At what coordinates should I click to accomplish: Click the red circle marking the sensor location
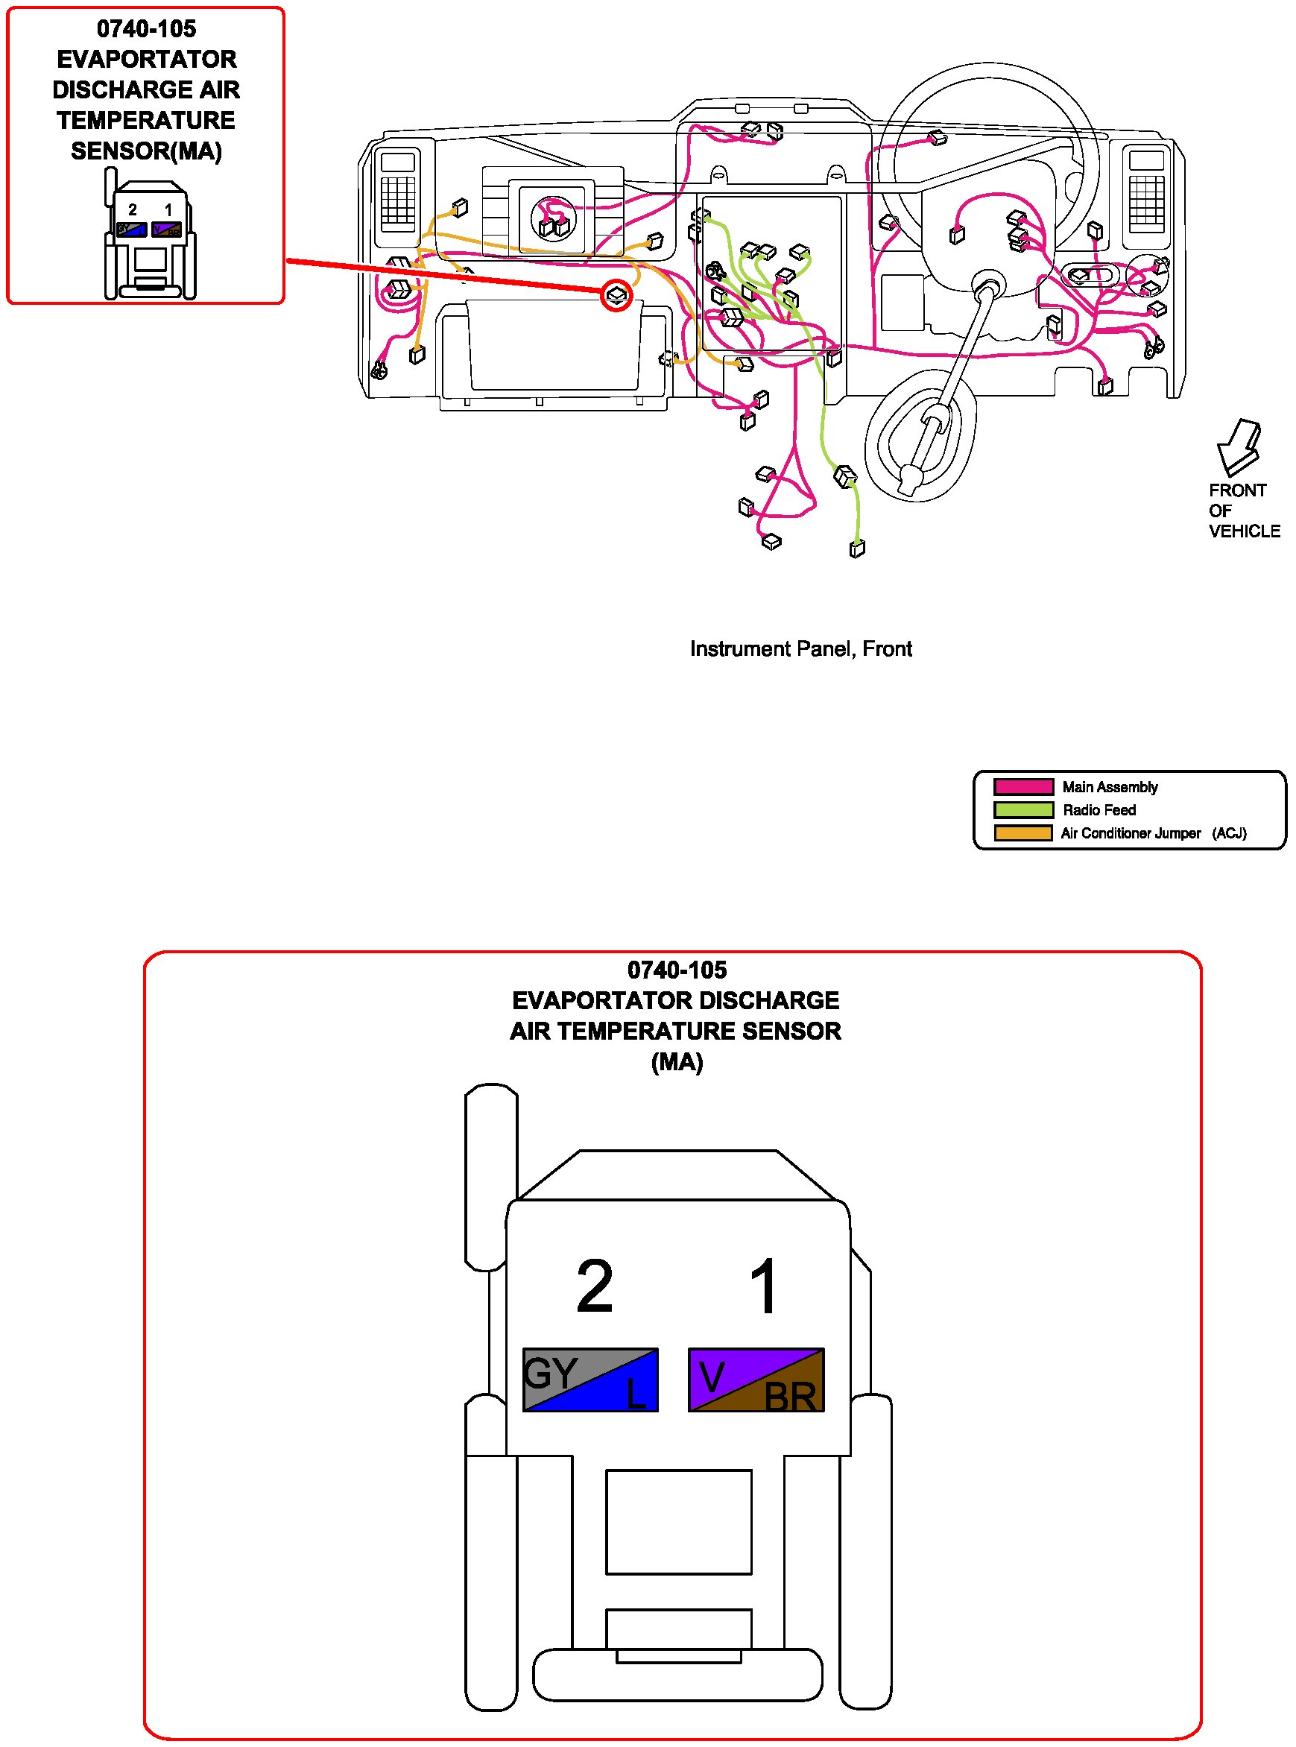(x=616, y=295)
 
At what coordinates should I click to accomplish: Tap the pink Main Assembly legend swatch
(x=1023, y=787)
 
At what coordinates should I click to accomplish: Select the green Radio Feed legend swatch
(x=1023, y=809)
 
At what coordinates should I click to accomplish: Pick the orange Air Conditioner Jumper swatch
(x=1023, y=833)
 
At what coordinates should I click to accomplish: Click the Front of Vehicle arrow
(x=1237, y=447)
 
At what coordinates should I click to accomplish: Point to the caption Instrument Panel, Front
(x=800, y=648)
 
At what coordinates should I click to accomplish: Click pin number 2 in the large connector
(x=594, y=1286)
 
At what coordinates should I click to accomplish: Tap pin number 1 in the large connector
(x=763, y=1286)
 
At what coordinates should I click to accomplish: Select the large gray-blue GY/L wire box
(x=590, y=1380)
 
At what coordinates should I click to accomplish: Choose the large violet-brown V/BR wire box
(x=756, y=1380)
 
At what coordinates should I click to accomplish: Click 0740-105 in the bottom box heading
(x=676, y=970)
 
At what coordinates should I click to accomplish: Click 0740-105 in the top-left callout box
(x=146, y=29)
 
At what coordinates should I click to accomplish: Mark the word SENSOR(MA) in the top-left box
(x=146, y=151)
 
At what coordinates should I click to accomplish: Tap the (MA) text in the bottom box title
(x=676, y=1062)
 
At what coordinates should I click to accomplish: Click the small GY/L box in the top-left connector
(x=131, y=230)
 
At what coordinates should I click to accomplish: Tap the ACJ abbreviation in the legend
(x=1230, y=833)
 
